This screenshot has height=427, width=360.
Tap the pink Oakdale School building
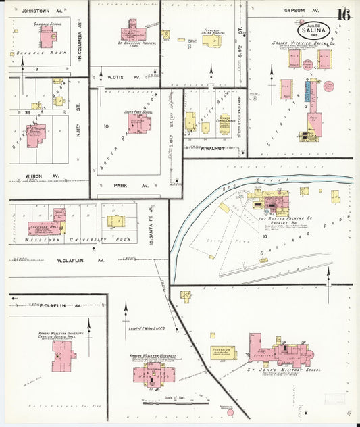coord(47,37)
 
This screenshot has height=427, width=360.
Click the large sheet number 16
coord(343,15)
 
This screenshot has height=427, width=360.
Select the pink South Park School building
coord(140,123)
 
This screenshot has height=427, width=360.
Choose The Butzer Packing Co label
coord(284,219)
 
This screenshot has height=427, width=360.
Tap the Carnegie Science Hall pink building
coord(64,355)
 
